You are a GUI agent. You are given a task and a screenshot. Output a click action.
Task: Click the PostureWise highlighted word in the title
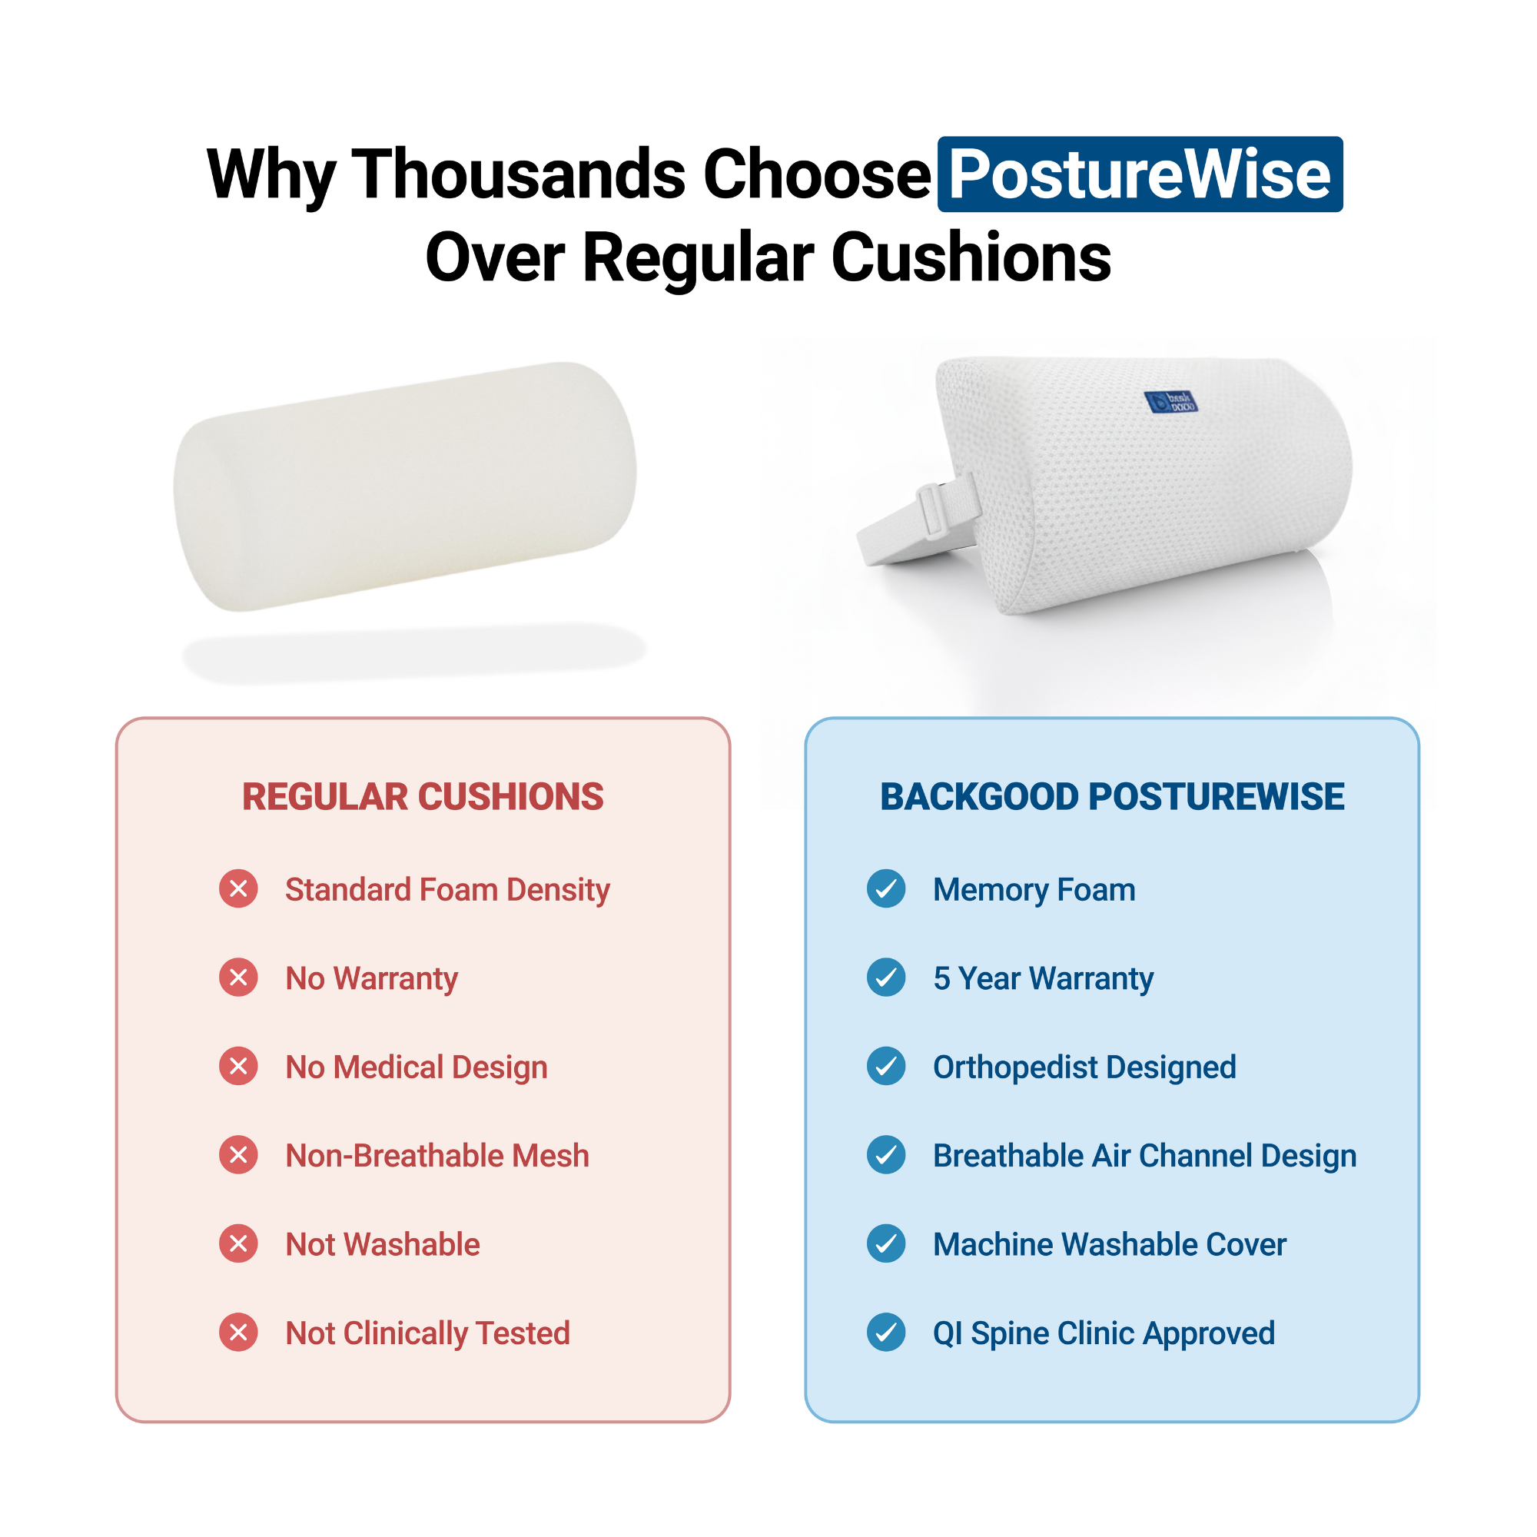[x=1139, y=174]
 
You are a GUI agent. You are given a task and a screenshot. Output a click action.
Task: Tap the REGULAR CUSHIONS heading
[x=423, y=796]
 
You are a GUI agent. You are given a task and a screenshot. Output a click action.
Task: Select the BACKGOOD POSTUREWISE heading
[x=1111, y=796]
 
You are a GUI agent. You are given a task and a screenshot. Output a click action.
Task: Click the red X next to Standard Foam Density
[x=239, y=888]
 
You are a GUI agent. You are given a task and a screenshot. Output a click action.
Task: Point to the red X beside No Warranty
[x=239, y=978]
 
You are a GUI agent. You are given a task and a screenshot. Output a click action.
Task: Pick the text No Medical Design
[x=416, y=1067]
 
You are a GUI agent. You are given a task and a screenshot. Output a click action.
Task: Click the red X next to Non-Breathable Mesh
[x=239, y=1155]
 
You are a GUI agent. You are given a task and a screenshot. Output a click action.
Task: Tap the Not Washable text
[x=382, y=1244]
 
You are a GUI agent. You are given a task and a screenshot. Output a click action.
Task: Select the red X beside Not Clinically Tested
[x=239, y=1333]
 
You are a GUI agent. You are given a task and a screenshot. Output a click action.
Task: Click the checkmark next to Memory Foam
[x=885, y=888]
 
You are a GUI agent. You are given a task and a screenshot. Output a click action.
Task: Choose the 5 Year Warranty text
[x=1043, y=978]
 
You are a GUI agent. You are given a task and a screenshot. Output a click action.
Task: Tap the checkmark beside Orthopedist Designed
[x=885, y=1066]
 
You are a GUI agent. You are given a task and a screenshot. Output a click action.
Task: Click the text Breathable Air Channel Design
[x=1144, y=1155]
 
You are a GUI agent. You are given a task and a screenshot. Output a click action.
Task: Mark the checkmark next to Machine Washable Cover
[x=885, y=1243]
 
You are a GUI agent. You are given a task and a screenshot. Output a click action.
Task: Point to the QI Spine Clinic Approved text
[x=1104, y=1333]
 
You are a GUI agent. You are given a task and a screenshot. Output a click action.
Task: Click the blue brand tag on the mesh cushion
[x=1171, y=402]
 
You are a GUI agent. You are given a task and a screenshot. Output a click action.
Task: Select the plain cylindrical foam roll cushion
[x=405, y=486]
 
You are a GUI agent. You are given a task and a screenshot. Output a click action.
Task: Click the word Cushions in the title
[x=971, y=257]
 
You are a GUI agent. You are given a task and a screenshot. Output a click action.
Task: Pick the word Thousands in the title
[x=518, y=174]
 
